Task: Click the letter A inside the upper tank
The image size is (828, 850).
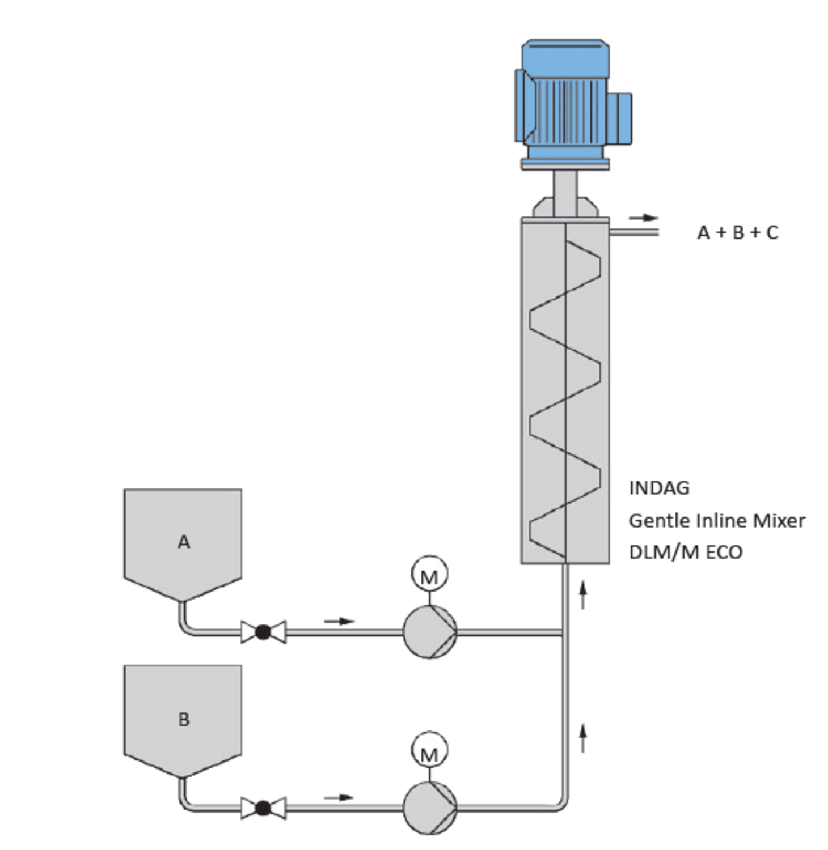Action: pos(183,542)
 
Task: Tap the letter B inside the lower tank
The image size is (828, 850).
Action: pos(183,719)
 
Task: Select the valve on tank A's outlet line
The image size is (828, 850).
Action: pos(263,632)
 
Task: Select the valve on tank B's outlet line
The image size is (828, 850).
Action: pos(263,808)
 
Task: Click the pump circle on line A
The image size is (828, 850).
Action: pos(430,632)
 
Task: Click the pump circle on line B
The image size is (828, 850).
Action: pos(430,808)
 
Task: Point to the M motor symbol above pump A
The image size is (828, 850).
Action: pos(429,574)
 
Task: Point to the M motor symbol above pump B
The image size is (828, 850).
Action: pos(429,750)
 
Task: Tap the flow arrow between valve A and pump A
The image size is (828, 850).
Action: pos(339,621)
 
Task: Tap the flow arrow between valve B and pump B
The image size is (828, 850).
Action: pos(339,797)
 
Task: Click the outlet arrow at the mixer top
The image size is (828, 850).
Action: pos(643,218)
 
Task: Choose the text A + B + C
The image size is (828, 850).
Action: pos(737,232)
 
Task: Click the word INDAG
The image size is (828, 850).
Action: pos(659,488)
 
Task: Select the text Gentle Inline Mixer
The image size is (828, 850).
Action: pos(717,520)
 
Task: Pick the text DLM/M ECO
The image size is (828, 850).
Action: pos(686,552)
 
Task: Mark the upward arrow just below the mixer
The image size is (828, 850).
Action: pos(582,594)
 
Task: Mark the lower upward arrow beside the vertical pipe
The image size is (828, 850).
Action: pos(582,737)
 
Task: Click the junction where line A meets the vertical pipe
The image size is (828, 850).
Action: pos(564,632)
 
